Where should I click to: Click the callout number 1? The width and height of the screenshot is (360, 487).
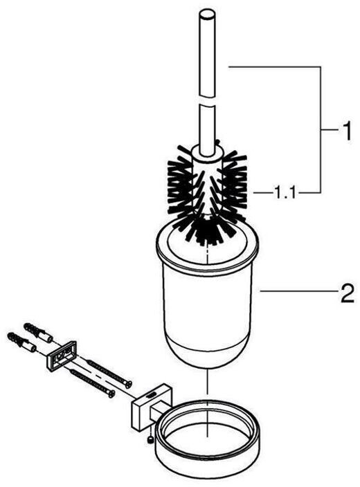tap(345, 131)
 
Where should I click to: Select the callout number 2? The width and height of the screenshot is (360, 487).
tap(346, 293)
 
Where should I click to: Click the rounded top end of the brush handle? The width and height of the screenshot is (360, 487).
tap(207, 15)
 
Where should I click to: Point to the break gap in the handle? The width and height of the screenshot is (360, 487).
tap(206, 102)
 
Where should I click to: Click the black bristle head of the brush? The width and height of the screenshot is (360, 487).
tap(208, 192)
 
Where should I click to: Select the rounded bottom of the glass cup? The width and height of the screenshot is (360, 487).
tap(207, 351)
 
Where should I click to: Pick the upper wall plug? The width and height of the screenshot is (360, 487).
tap(38, 332)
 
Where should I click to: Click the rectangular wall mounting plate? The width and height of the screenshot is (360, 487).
tap(61, 355)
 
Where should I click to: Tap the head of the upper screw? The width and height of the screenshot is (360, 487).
tap(128, 385)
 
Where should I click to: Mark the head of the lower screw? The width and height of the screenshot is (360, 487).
tap(111, 394)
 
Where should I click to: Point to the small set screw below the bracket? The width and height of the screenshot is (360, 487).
tap(151, 440)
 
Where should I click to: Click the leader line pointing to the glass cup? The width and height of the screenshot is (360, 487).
tap(299, 291)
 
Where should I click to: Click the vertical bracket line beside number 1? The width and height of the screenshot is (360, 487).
tap(321, 130)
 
